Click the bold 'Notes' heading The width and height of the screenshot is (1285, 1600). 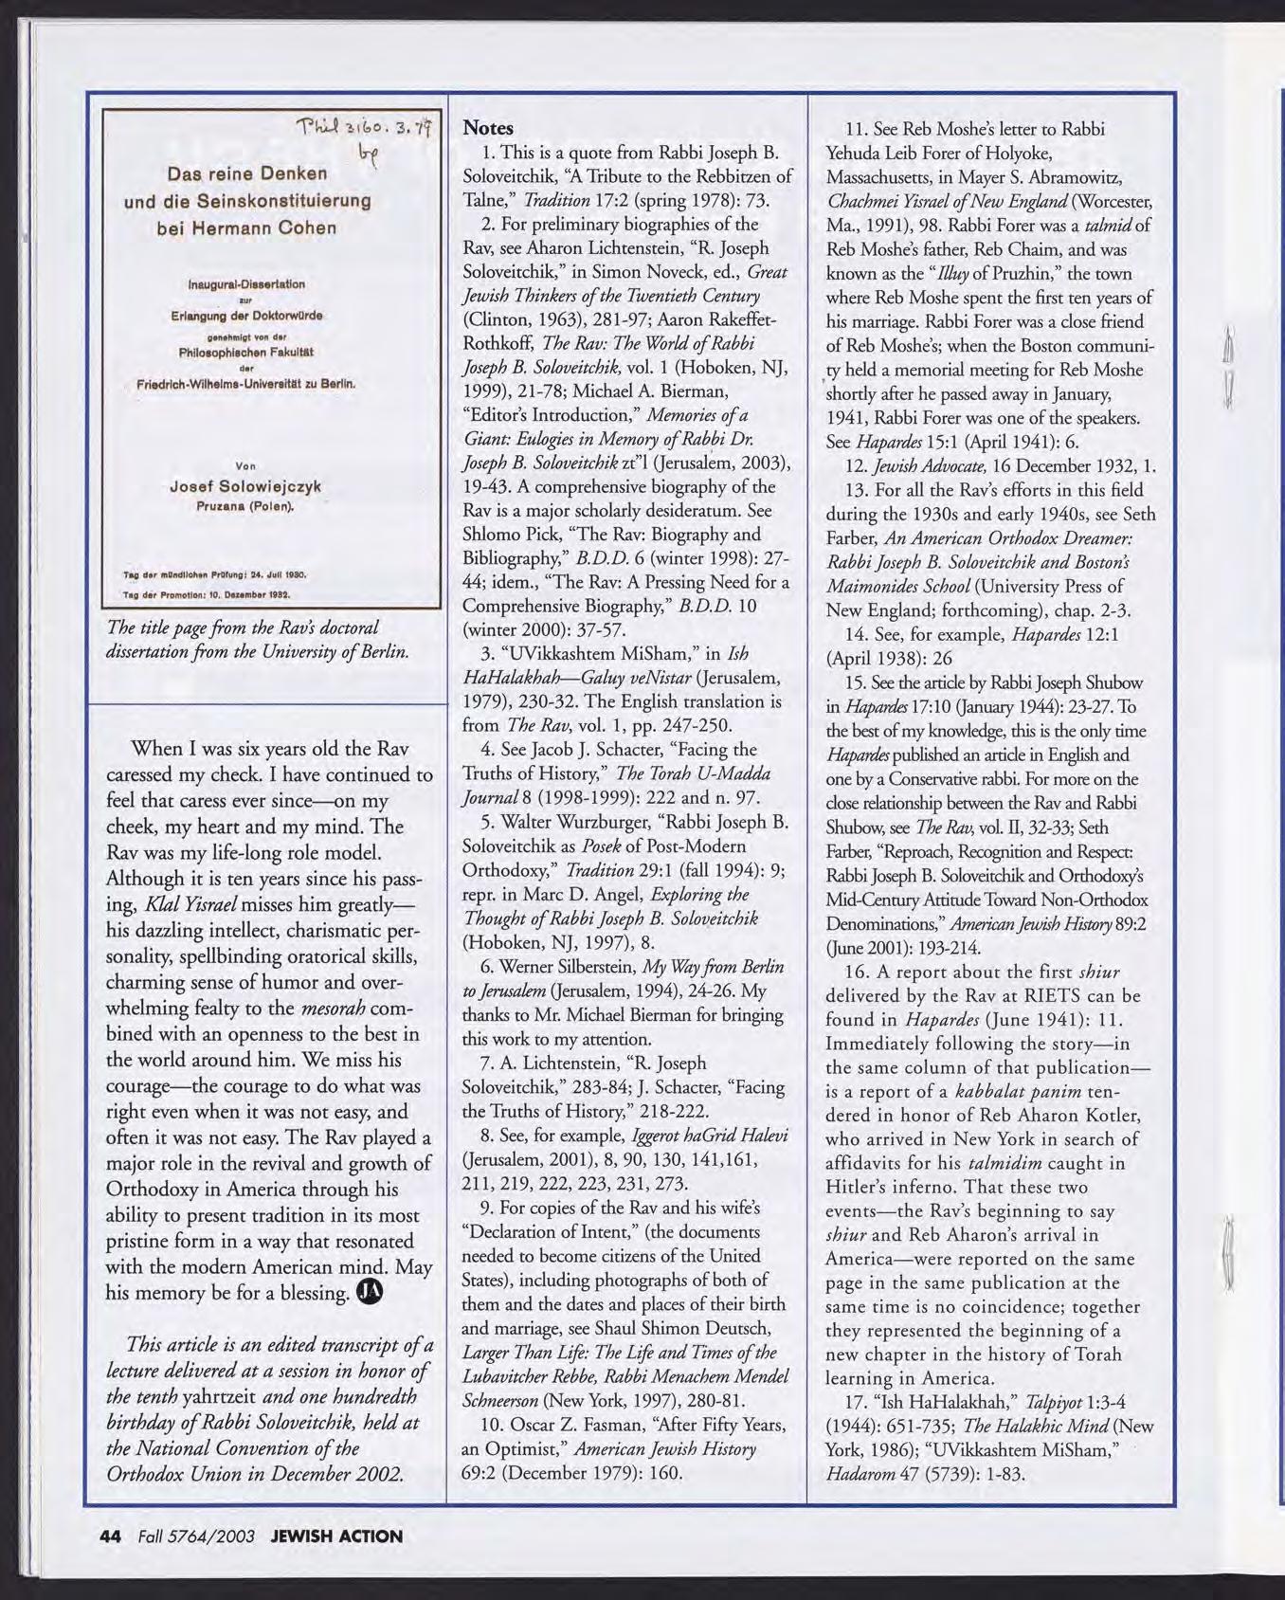point(488,128)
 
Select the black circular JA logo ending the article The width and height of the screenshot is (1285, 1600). point(371,1292)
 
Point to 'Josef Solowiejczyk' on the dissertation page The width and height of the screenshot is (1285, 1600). point(244,486)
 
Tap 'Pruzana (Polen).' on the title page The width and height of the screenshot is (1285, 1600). point(245,505)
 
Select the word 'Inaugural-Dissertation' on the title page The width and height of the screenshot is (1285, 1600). point(244,283)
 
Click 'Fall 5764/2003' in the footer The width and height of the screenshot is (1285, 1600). point(196,1536)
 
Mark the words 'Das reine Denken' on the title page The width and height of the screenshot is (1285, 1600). point(247,173)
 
